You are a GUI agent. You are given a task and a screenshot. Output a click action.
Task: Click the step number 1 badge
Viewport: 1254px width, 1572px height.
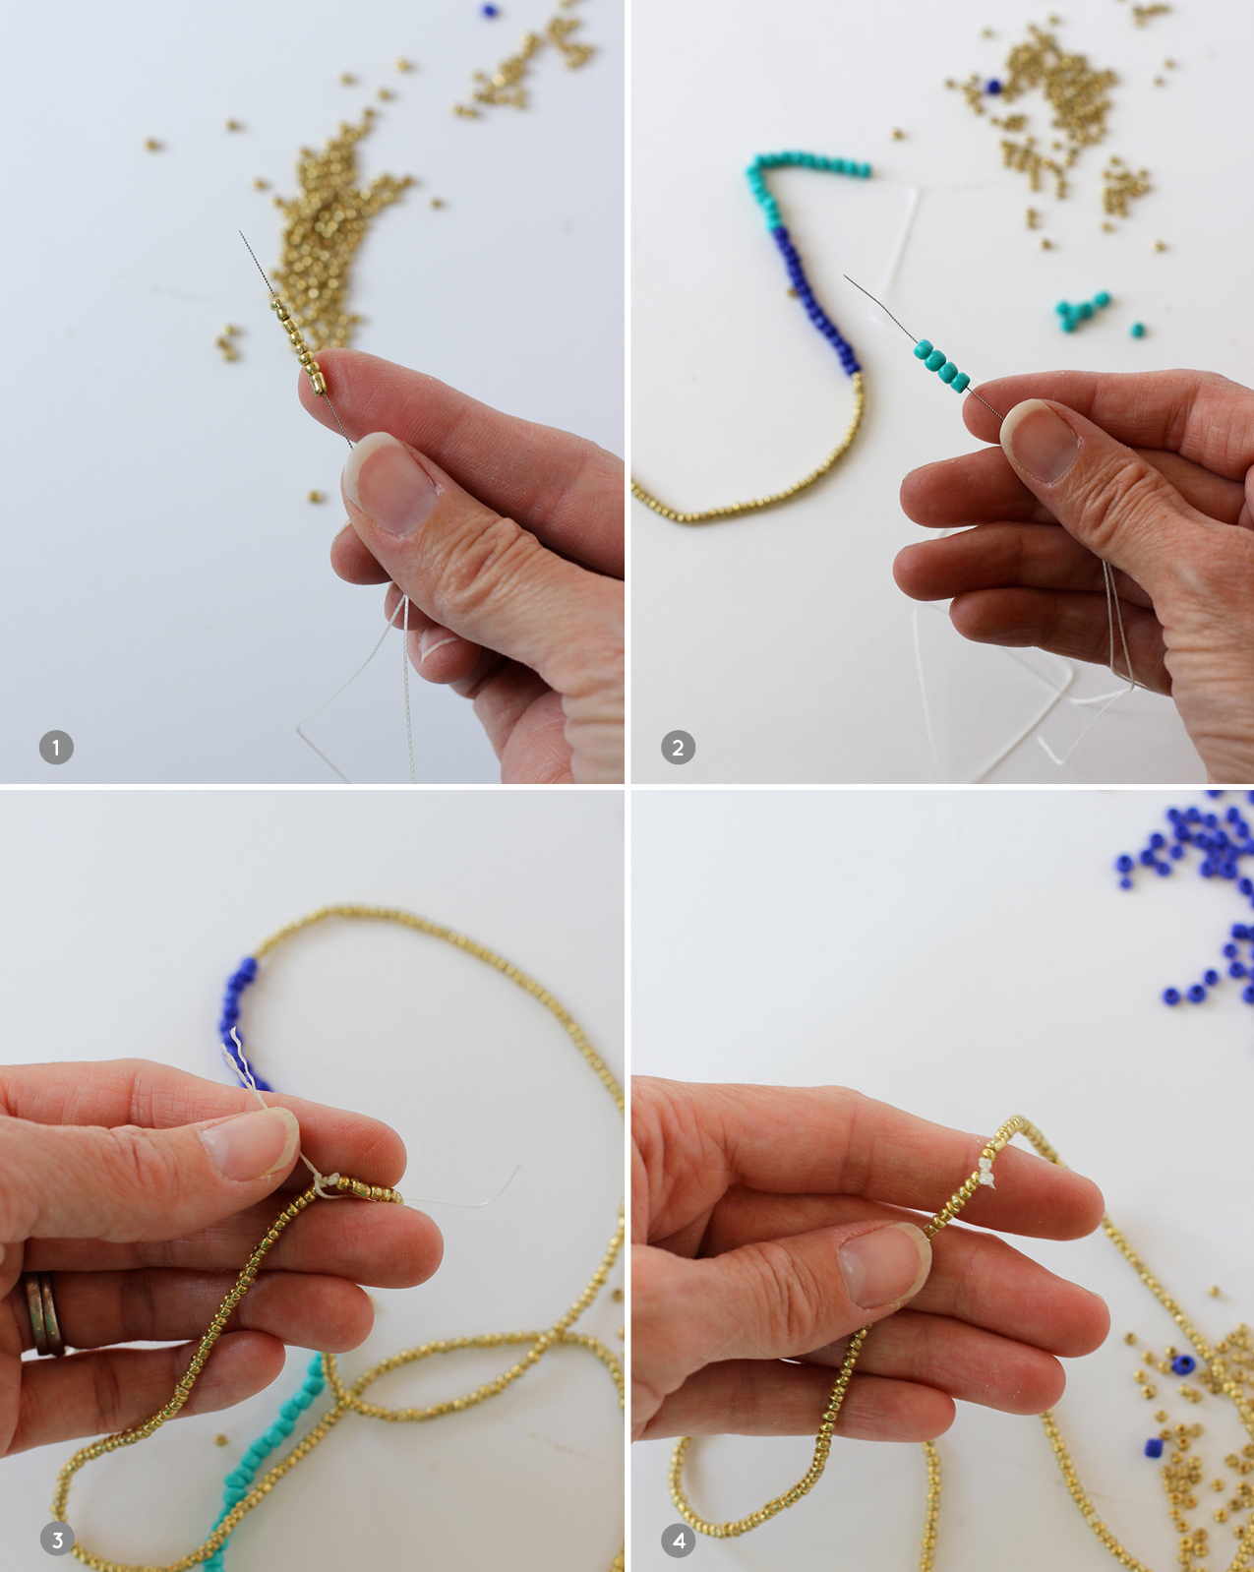point(56,748)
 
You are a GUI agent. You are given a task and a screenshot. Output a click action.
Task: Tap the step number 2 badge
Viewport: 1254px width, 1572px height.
point(678,748)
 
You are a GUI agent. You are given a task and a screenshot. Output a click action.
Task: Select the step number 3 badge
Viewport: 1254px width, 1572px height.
point(57,1540)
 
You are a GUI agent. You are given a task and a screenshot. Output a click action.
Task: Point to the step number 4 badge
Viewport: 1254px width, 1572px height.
point(679,1540)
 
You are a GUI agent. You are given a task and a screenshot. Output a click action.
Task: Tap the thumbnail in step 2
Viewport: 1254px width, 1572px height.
point(1041,440)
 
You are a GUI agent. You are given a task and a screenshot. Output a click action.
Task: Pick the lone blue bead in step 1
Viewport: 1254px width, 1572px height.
point(489,10)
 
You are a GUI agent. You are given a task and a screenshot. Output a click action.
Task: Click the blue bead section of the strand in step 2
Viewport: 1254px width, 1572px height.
point(812,299)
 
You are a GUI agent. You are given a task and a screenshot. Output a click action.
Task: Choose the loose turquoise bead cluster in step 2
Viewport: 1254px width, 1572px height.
point(1083,311)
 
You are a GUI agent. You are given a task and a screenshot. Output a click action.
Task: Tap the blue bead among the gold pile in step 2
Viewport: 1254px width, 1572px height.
point(992,87)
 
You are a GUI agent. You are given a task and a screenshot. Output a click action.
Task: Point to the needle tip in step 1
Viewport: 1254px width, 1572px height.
point(240,232)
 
